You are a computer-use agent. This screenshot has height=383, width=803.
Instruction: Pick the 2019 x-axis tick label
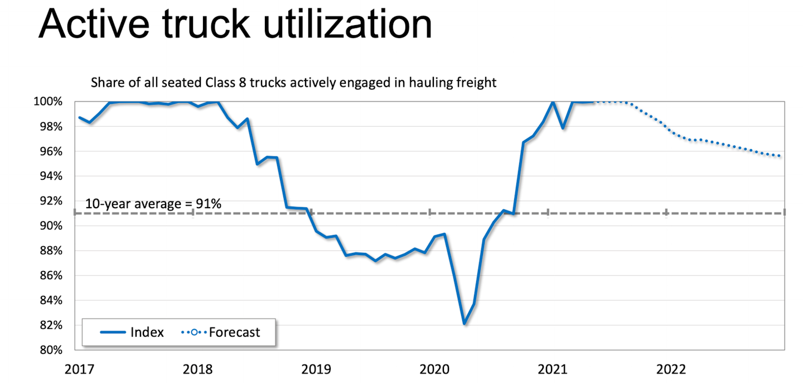point(316,369)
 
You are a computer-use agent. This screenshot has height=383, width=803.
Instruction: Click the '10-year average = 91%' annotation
point(153,204)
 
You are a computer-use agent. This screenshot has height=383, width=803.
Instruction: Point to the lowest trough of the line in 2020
point(464,323)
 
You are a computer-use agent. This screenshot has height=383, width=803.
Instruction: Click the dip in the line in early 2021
point(563,127)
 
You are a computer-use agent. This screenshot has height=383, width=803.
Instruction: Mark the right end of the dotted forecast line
point(779,156)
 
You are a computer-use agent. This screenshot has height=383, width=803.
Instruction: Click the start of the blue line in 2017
point(79,117)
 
